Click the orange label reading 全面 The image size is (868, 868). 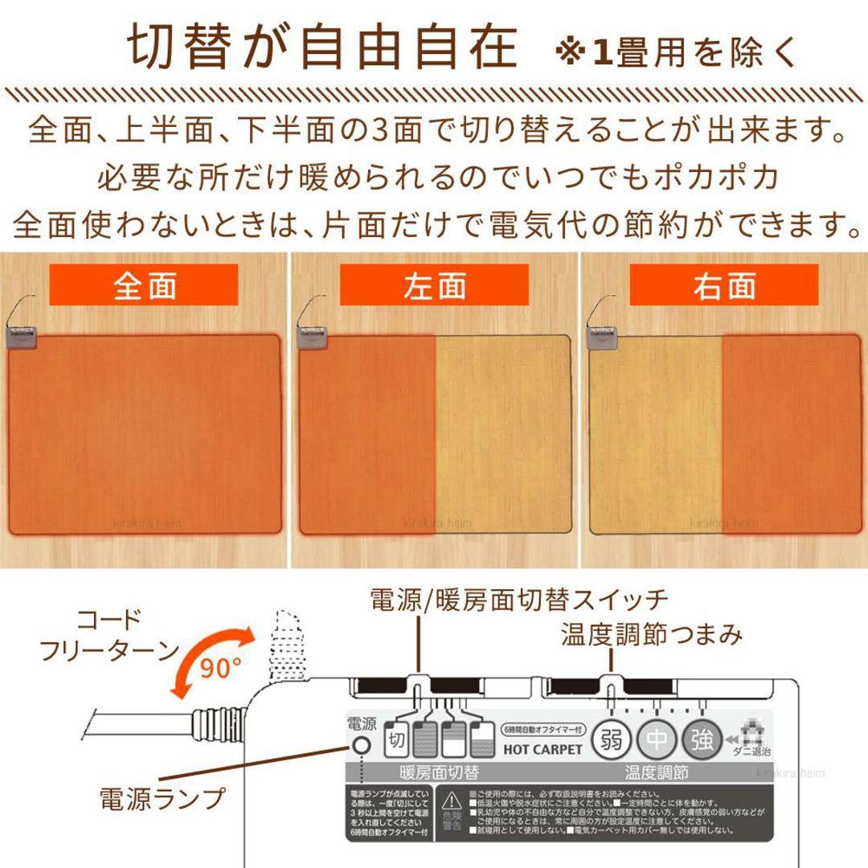[144, 285]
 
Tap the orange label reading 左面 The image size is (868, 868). [434, 285]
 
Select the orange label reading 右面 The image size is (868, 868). [723, 285]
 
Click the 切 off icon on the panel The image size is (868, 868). [395, 736]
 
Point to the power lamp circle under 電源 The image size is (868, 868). [361, 745]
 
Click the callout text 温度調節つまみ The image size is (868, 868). [652, 636]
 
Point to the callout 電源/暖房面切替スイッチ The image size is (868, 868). [518, 600]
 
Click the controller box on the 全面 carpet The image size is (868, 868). [22, 336]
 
